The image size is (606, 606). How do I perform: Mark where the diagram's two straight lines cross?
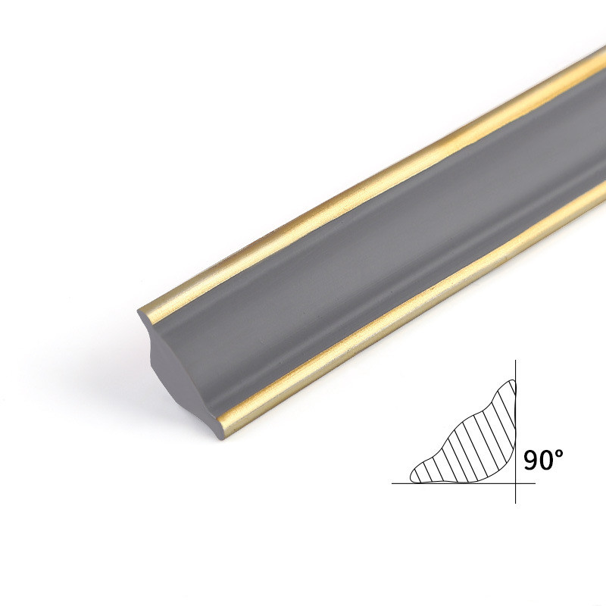(x=516, y=483)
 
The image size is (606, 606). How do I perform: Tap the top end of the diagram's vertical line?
(x=516, y=361)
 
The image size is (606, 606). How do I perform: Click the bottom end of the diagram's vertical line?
(x=516, y=503)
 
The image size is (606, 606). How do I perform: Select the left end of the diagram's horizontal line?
(x=392, y=483)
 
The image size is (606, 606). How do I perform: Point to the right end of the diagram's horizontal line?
(x=536, y=483)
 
